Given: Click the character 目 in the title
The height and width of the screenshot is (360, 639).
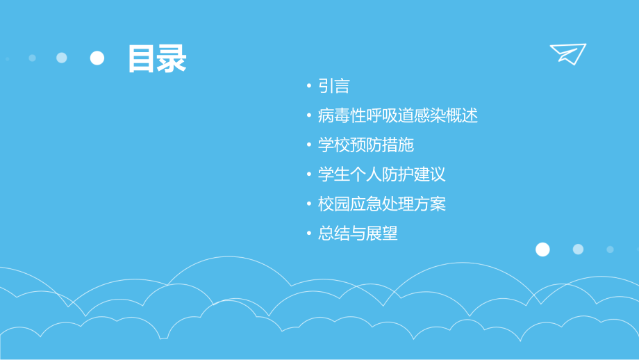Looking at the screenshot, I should click(x=142, y=59).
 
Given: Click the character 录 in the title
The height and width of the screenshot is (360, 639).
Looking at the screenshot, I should click(x=172, y=59).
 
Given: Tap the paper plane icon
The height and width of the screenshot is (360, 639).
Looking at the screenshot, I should click(x=567, y=54).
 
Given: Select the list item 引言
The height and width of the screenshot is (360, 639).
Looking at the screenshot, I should click(x=333, y=86).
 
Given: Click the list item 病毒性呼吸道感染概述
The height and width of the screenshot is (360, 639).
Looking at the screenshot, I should click(x=398, y=115).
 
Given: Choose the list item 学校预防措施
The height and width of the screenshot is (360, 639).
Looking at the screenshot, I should click(x=365, y=145).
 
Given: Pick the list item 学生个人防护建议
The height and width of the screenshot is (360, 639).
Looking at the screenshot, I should click(x=381, y=174).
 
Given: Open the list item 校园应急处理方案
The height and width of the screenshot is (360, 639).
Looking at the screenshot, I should click(x=381, y=204).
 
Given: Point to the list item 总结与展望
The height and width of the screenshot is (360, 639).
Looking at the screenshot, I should click(x=358, y=234).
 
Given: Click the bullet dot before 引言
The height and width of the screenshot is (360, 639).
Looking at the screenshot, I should click(x=309, y=87).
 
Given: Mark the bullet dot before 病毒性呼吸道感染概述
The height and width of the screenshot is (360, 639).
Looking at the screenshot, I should click(x=309, y=116).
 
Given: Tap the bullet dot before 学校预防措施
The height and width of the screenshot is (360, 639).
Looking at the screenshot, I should click(x=309, y=146).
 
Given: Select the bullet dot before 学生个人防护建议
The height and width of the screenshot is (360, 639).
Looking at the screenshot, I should click(x=309, y=175).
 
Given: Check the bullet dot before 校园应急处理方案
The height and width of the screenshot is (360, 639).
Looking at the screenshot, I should click(x=309, y=205).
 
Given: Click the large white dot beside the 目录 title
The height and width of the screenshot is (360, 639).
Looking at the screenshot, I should click(x=97, y=58).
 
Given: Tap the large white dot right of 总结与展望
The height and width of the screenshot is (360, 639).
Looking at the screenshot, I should click(x=542, y=249).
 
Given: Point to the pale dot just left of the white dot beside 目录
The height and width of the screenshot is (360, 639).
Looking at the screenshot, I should click(x=62, y=58).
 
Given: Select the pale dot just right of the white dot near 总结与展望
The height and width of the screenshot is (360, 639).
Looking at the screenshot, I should click(x=578, y=249).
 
